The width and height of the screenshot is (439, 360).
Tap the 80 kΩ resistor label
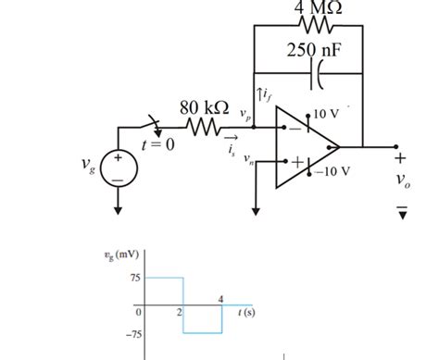[204, 106]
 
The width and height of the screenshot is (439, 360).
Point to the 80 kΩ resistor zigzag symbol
[205, 128]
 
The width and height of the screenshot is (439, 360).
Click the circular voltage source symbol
[118, 170]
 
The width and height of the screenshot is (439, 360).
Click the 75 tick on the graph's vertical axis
[134, 278]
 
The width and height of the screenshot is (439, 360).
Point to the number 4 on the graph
[220, 297]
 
